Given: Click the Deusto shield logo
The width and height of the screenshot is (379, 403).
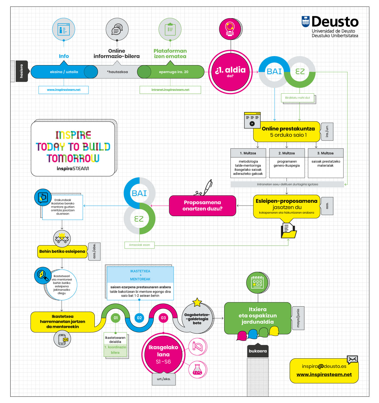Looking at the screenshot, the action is click(305, 22).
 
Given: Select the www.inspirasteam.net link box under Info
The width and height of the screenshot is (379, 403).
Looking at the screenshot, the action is click(63, 90).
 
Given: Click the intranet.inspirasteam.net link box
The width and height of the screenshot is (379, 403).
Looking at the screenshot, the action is click(170, 90).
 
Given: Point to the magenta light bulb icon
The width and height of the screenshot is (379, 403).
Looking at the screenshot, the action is click(230, 29).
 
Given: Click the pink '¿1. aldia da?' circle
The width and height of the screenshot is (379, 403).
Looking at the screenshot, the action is click(230, 72).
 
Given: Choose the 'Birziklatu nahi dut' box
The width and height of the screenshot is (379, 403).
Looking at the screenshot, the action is click(297, 98).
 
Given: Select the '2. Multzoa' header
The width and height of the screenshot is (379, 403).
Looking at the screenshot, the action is click(287, 153).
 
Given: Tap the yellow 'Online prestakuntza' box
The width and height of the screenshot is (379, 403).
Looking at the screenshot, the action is click(286, 131).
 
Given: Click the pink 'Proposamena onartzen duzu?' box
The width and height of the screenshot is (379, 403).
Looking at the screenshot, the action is click(203, 206).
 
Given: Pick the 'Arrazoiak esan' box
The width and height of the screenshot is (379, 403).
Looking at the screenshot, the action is click(139, 245).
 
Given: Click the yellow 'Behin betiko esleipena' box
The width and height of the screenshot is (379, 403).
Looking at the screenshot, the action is click(62, 251).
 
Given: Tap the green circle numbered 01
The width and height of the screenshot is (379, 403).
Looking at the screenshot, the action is click(115, 318).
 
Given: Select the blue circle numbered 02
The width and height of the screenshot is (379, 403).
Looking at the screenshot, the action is click(139, 318).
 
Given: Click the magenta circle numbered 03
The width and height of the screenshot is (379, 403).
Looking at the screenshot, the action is click(163, 318).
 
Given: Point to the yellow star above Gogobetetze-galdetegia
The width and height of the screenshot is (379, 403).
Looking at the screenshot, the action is click(197, 302).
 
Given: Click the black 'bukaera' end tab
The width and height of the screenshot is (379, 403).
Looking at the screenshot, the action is click(258, 351).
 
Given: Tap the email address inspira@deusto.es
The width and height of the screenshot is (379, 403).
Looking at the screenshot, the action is click(324, 366).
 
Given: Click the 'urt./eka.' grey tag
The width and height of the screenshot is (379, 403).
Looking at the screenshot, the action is click(164, 379).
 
